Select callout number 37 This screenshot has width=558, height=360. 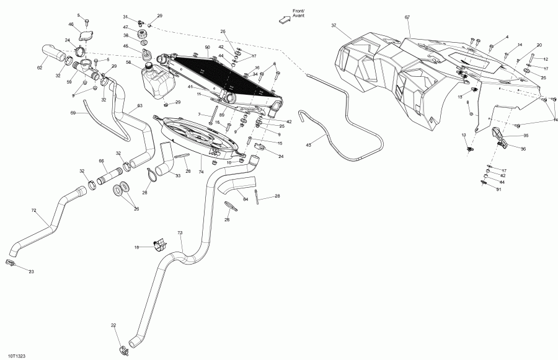334,25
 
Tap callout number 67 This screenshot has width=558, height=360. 407,17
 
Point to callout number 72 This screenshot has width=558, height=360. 33,210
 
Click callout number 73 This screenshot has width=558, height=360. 180,234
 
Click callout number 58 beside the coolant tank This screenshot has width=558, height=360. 128,62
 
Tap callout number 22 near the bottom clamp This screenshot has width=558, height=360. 113,325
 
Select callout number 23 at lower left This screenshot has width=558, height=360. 32,271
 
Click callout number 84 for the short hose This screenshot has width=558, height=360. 246,199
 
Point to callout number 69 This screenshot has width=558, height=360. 73,113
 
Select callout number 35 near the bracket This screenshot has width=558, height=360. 526,135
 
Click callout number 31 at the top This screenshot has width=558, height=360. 125,17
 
